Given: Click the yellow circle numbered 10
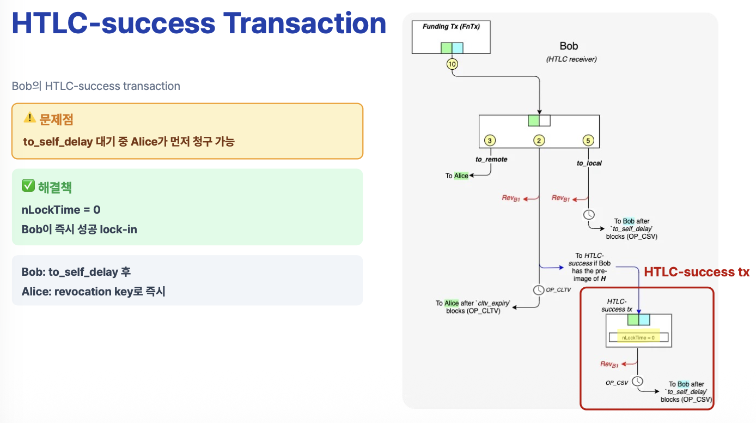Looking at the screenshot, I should point(452,64).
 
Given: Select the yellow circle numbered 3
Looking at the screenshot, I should point(490,141).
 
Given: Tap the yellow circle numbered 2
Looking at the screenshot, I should point(539,141).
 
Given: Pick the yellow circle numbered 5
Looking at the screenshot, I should point(588,141).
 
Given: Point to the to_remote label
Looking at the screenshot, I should point(491,159).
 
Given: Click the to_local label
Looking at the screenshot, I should point(589,163).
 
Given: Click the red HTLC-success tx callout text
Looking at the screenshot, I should point(697,272).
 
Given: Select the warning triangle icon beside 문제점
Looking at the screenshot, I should point(29,117).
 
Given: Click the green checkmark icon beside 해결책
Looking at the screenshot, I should point(28,186).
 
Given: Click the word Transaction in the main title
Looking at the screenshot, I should point(305,25).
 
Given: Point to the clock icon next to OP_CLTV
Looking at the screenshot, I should point(538,289).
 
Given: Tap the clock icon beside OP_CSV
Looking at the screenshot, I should point(637,382).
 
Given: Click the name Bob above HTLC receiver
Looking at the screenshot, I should point(569,46).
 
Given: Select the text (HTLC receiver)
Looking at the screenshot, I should point(571,59).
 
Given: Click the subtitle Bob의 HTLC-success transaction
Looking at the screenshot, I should point(96,86).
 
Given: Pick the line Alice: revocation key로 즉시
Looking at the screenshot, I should point(93,292).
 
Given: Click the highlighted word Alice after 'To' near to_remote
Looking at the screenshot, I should point(461,176).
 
